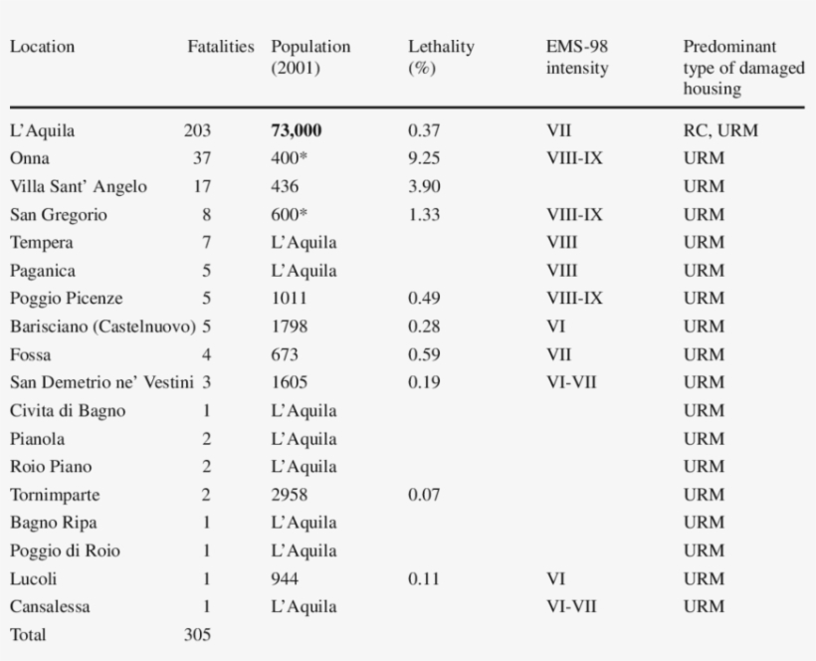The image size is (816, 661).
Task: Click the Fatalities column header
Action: click(221, 47)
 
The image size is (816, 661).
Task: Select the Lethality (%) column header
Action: click(441, 58)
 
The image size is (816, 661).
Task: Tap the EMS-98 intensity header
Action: click(577, 58)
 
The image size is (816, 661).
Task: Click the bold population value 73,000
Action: click(297, 130)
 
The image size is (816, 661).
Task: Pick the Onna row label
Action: click(30, 158)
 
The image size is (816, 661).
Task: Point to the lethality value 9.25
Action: click(424, 158)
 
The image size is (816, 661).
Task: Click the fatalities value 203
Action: click(197, 130)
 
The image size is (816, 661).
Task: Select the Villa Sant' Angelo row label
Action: click(79, 186)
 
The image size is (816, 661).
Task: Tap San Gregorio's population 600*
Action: click(289, 214)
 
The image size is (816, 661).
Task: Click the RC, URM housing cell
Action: click(720, 130)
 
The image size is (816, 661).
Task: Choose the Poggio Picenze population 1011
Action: click(289, 299)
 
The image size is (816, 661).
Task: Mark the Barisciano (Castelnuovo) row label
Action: click(103, 327)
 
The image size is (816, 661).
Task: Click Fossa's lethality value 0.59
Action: click(424, 355)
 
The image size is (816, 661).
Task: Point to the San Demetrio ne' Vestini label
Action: click(102, 382)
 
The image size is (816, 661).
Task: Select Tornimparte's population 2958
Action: click(290, 495)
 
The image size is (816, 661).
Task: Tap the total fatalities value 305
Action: click(197, 635)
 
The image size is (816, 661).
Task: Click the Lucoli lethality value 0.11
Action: click(424, 578)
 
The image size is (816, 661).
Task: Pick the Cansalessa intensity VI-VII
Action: click(571, 607)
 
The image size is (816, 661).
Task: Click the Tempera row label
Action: click(42, 243)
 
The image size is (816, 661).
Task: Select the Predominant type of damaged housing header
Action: click(744, 68)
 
